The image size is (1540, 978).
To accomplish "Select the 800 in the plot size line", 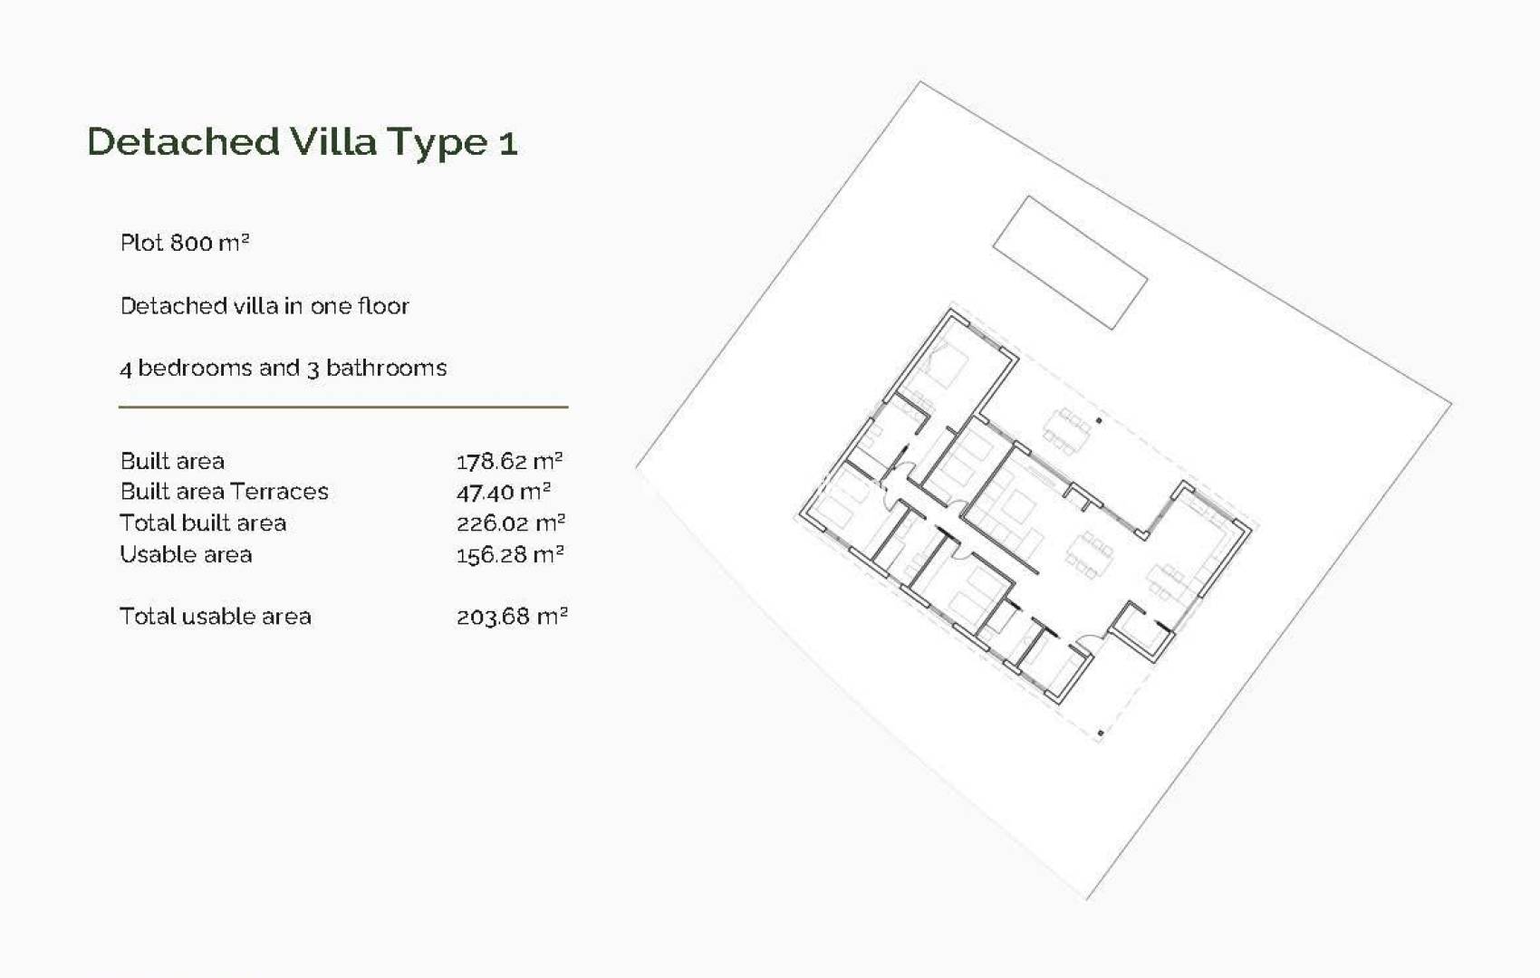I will [x=191, y=243].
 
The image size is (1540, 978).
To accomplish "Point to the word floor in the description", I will [x=383, y=306].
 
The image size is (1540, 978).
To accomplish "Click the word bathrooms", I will [x=386, y=368].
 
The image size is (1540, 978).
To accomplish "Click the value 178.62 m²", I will [x=509, y=461].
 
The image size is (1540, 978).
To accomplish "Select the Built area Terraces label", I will [x=224, y=492].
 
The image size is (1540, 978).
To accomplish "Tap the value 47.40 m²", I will [x=503, y=492].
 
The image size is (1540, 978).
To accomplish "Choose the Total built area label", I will [x=203, y=523].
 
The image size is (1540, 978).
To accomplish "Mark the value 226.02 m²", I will [x=511, y=523].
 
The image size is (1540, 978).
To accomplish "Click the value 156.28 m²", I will [x=510, y=554].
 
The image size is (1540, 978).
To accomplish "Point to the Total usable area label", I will [x=216, y=617].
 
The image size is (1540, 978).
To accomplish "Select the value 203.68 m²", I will [x=512, y=617].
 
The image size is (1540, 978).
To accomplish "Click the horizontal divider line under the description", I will [x=343, y=407].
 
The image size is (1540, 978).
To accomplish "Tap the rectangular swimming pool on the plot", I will [x=1070, y=263].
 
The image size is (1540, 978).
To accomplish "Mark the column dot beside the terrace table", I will [x=1099, y=421].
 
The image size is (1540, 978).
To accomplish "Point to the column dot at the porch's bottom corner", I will [x=1101, y=733].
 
